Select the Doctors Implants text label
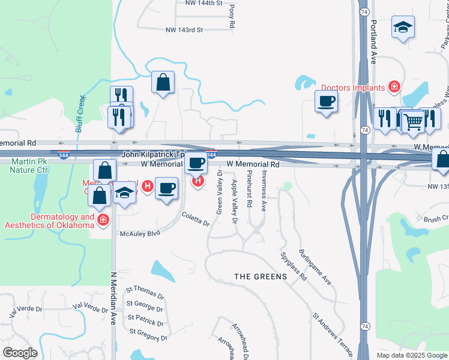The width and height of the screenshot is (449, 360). (352, 88)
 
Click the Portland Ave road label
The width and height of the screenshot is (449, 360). (373, 43)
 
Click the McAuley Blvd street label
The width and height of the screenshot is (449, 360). (140, 233)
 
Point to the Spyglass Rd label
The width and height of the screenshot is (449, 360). (294, 266)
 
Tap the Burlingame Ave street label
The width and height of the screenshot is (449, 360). (316, 267)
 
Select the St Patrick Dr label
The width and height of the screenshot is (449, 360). (145, 317)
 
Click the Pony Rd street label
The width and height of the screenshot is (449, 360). (231, 17)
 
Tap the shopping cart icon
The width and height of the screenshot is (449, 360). (413, 122)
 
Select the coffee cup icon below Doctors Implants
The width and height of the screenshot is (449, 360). (326, 101)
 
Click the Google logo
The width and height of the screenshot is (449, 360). (20, 353)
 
